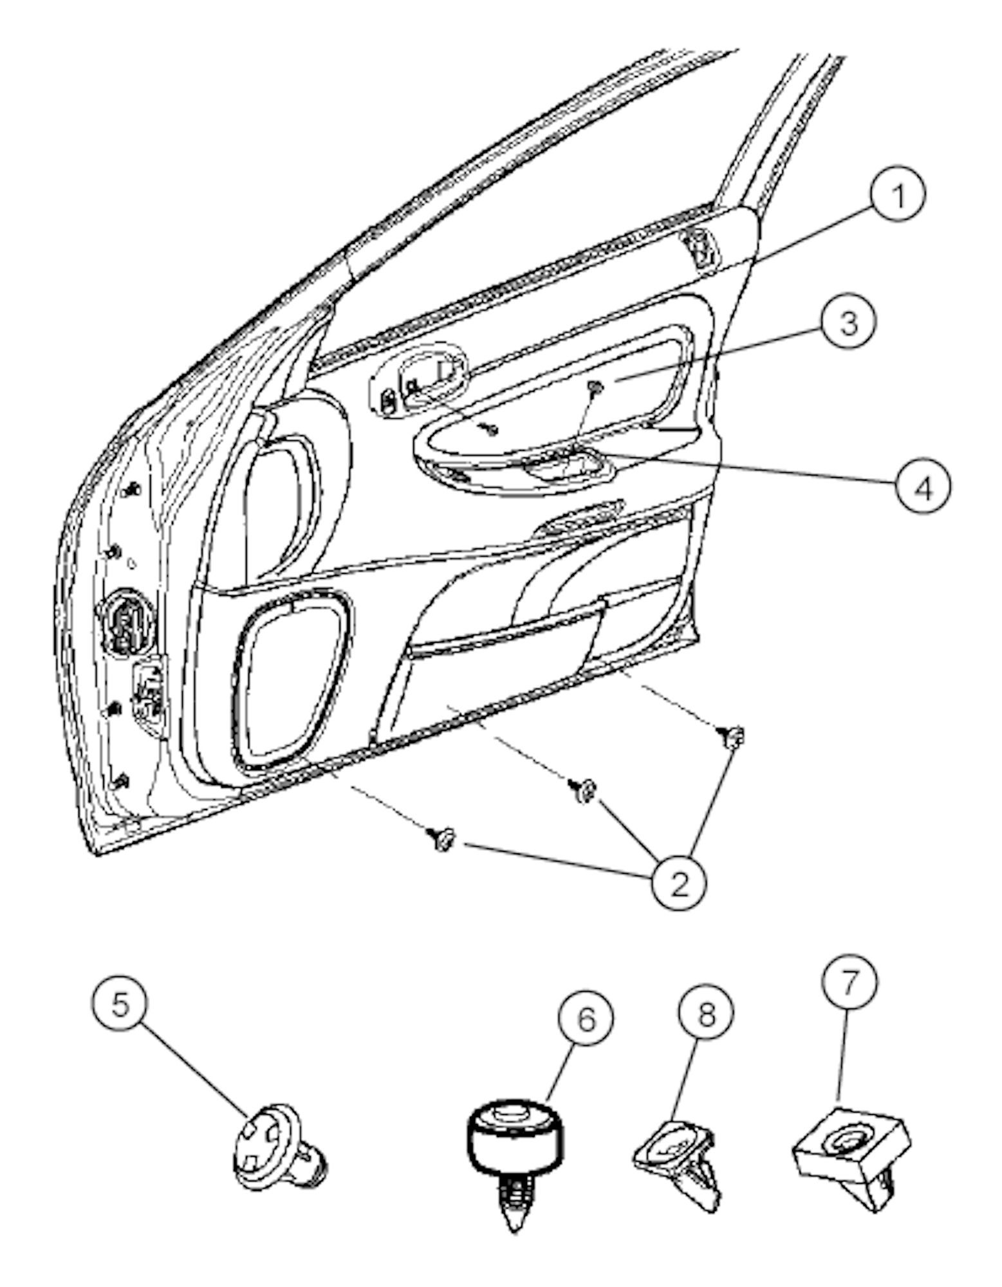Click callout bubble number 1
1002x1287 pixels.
(898, 196)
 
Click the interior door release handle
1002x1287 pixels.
(430, 376)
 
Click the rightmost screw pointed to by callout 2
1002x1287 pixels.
(731, 736)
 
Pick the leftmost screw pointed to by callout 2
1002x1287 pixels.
(440, 838)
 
